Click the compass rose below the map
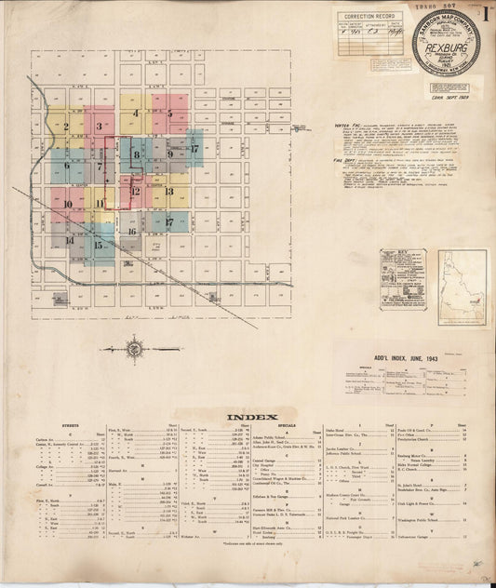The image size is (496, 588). click(x=137, y=350)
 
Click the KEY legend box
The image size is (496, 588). click(x=401, y=277)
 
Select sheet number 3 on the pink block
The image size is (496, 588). click(x=98, y=125)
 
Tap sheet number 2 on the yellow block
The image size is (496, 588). click(x=65, y=126)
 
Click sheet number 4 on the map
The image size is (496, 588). click(x=136, y=114)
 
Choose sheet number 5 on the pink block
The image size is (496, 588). click(x=169, y=114)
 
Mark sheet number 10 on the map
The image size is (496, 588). click(x=68, y=203)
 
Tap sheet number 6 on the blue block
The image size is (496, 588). click(x=67, y=167)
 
